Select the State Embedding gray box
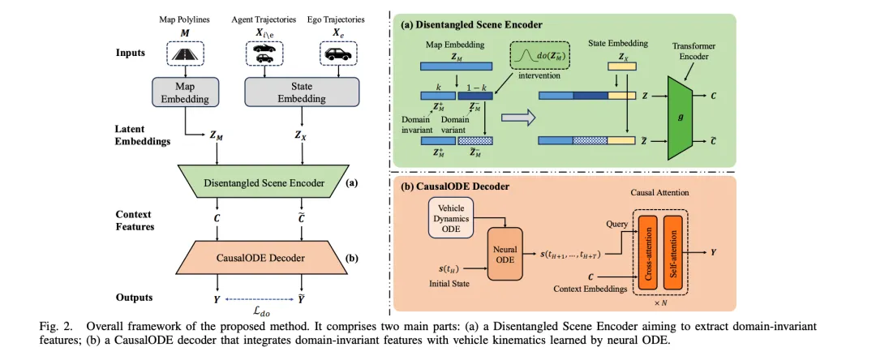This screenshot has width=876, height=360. [x=303, y=92]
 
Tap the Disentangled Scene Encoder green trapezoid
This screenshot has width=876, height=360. [x=263, y=182]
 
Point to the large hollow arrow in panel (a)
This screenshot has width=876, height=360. [x=516, y=118]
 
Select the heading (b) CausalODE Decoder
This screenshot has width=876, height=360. [x=455, y=186]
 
